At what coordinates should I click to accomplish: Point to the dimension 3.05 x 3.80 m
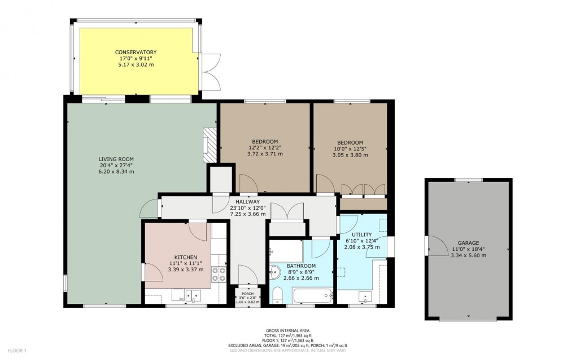[x=350, y=155]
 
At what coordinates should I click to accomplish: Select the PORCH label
[x=247, y=293]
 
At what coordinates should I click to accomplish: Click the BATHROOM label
[x=300, y=265]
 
